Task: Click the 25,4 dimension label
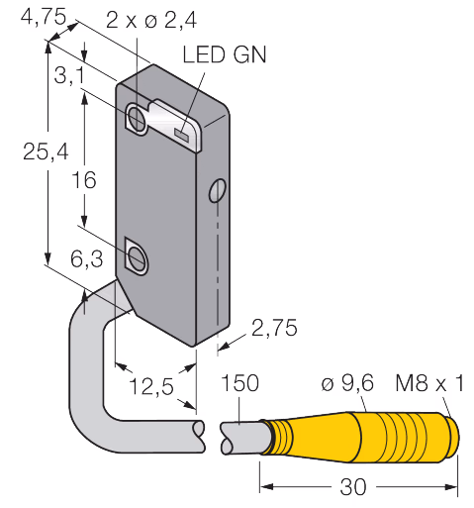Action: tap(46, 152)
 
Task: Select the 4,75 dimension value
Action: tap(44, 16)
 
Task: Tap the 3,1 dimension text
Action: tap(69, 75)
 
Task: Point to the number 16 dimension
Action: tap(84, 180)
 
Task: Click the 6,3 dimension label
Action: tap(86, 258)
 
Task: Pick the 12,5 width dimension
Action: tap(151, 386)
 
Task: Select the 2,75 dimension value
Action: tap(274, 328)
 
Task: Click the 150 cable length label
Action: tap(239, 383)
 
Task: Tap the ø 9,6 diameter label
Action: tap(347, 383)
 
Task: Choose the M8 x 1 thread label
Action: tap(429, 383)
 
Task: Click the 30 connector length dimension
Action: tap(353, 487)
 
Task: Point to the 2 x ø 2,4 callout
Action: tap(151, 20)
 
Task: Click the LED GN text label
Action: tap(225, 54)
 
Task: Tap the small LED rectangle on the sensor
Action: tap(181, 135)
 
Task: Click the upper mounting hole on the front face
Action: tap(136, 117)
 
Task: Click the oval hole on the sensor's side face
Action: tap(218, 190)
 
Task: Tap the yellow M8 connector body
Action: tap(363, 436)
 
